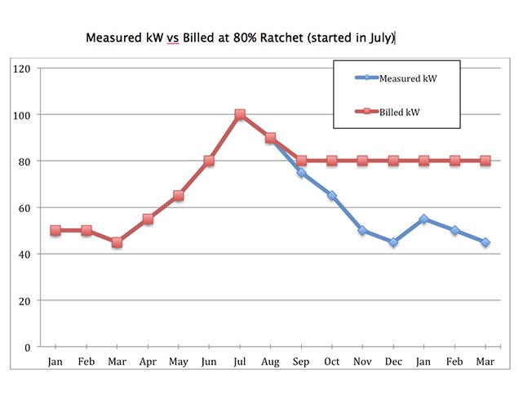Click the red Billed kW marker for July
(x=240, y=115)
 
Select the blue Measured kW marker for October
(x=332, y=196)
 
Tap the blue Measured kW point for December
(x=393, y=242)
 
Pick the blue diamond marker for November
(x=362, y=231)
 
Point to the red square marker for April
(x=148, y=220)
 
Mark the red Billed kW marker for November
(x=362, y=161)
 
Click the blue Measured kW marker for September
(x=301, y=173)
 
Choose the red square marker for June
(x=209, y=161)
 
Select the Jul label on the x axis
(x=240, y=360)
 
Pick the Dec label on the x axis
(x=393, y=360)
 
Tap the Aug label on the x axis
(x=270, y=360)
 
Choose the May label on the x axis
(x=178, y=360)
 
